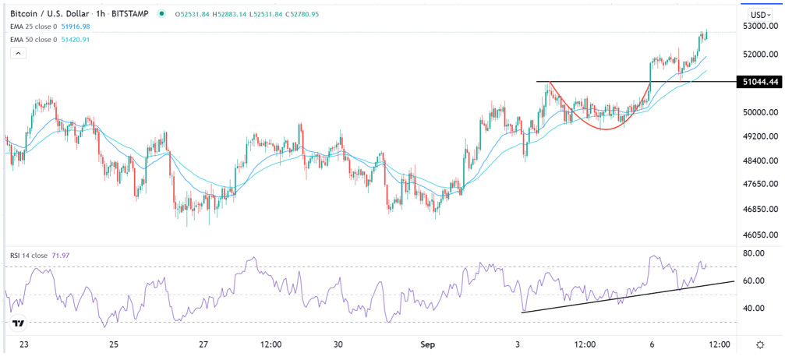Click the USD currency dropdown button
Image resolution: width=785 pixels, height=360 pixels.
coord(759,15)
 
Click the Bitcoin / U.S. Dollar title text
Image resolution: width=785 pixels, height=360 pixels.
coord(55,14)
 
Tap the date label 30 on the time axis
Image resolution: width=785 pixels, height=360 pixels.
coord(338,344)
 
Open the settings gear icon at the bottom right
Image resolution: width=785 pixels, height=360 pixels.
coord(760,344)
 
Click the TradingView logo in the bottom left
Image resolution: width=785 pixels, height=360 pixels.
coord(18,323)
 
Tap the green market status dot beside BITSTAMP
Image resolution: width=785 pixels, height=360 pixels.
coord(161,14)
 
